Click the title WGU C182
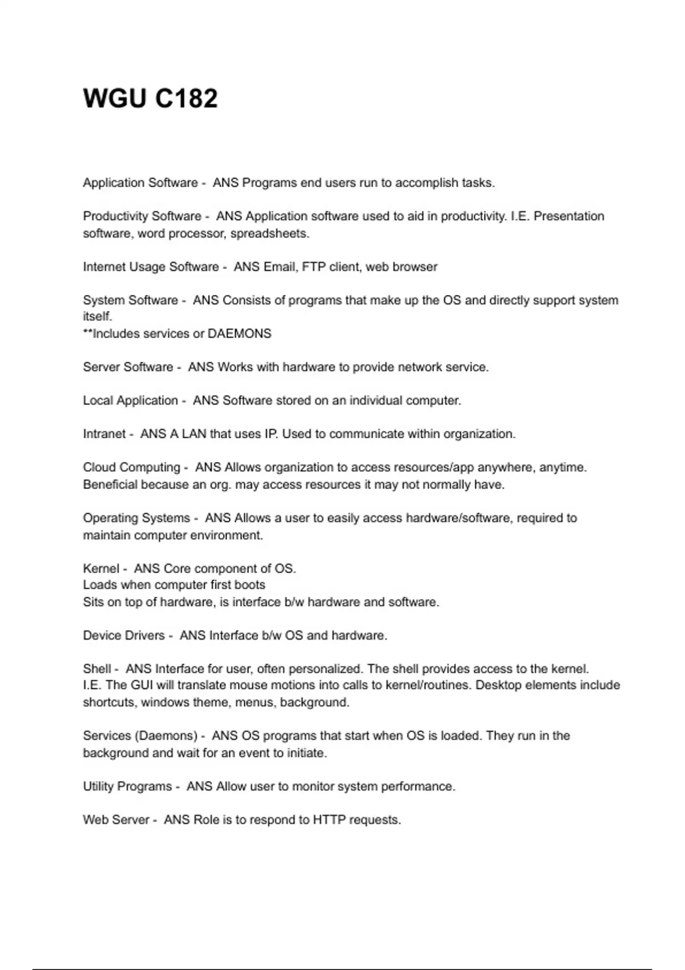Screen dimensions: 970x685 click(x=150, y=98)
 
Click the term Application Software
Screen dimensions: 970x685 click(x=140, y=183)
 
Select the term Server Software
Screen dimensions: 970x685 click(x=128, y=367)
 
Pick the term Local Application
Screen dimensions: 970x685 click(x=130, y=401)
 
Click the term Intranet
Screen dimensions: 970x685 click(x=104, y=434)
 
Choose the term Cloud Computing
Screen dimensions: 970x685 click(x=131, y=467)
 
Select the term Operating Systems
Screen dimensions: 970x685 click(x=136, y=518)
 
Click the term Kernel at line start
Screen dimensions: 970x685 click(x=101, y=569)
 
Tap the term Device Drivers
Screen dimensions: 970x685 click(x=123, y=636)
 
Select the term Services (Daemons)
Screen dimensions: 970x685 click(x=140, y=736)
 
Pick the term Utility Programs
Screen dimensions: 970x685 click(x=127, y=786)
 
